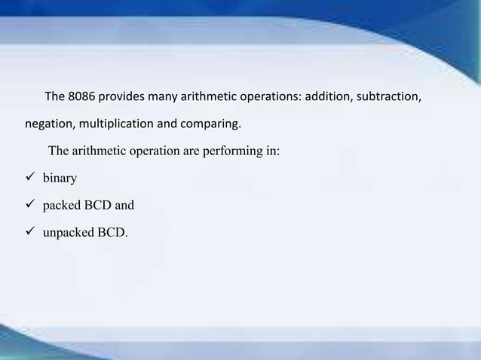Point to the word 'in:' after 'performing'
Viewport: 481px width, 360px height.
click(x=271, y=151)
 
